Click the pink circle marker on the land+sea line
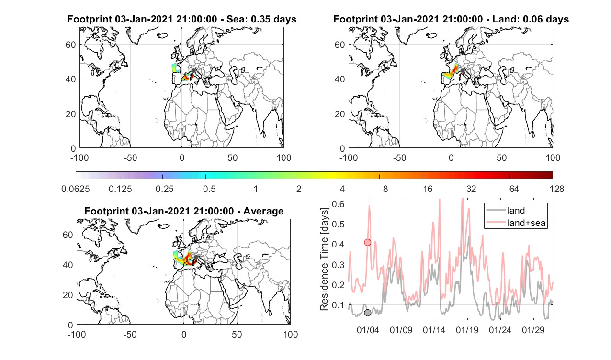[x=368, y=242]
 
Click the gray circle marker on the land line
[x=368, y=313]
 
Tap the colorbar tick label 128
[x=557, y=189]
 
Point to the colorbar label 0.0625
[x=76, y=189]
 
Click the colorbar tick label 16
[x=428, y=189]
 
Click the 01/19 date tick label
[x=467, y=330]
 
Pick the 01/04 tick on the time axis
[x=368, y=330]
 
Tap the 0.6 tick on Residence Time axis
[x=338, y=204]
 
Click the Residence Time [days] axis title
[x=324, y=259]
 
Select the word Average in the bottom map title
[x=263, y=211]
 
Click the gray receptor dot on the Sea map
[x=193, y=71]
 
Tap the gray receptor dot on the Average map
[x=195, y=257]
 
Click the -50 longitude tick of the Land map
[x=400, y=157]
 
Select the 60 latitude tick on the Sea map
[x=70, y=45]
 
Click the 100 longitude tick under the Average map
[x=290, y=334]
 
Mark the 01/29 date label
[x=533, y=330]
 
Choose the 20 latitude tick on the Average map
[x=68, y=295]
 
